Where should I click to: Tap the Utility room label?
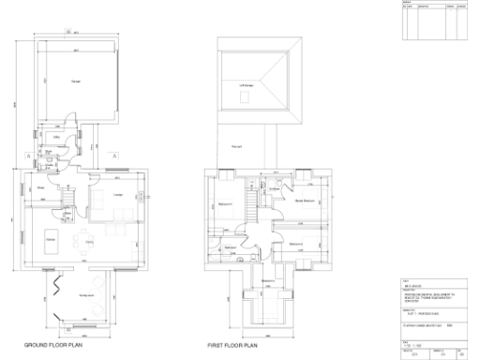[x=57, y=137]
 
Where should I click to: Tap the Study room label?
[x=41, y=188]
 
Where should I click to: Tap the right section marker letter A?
[x=114, y=153]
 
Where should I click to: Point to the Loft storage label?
[x=247, y=86]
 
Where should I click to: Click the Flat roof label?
[x=236, y=147]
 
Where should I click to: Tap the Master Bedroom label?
[x=304, y=201]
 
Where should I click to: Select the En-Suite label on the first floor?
[x=276, y=188]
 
